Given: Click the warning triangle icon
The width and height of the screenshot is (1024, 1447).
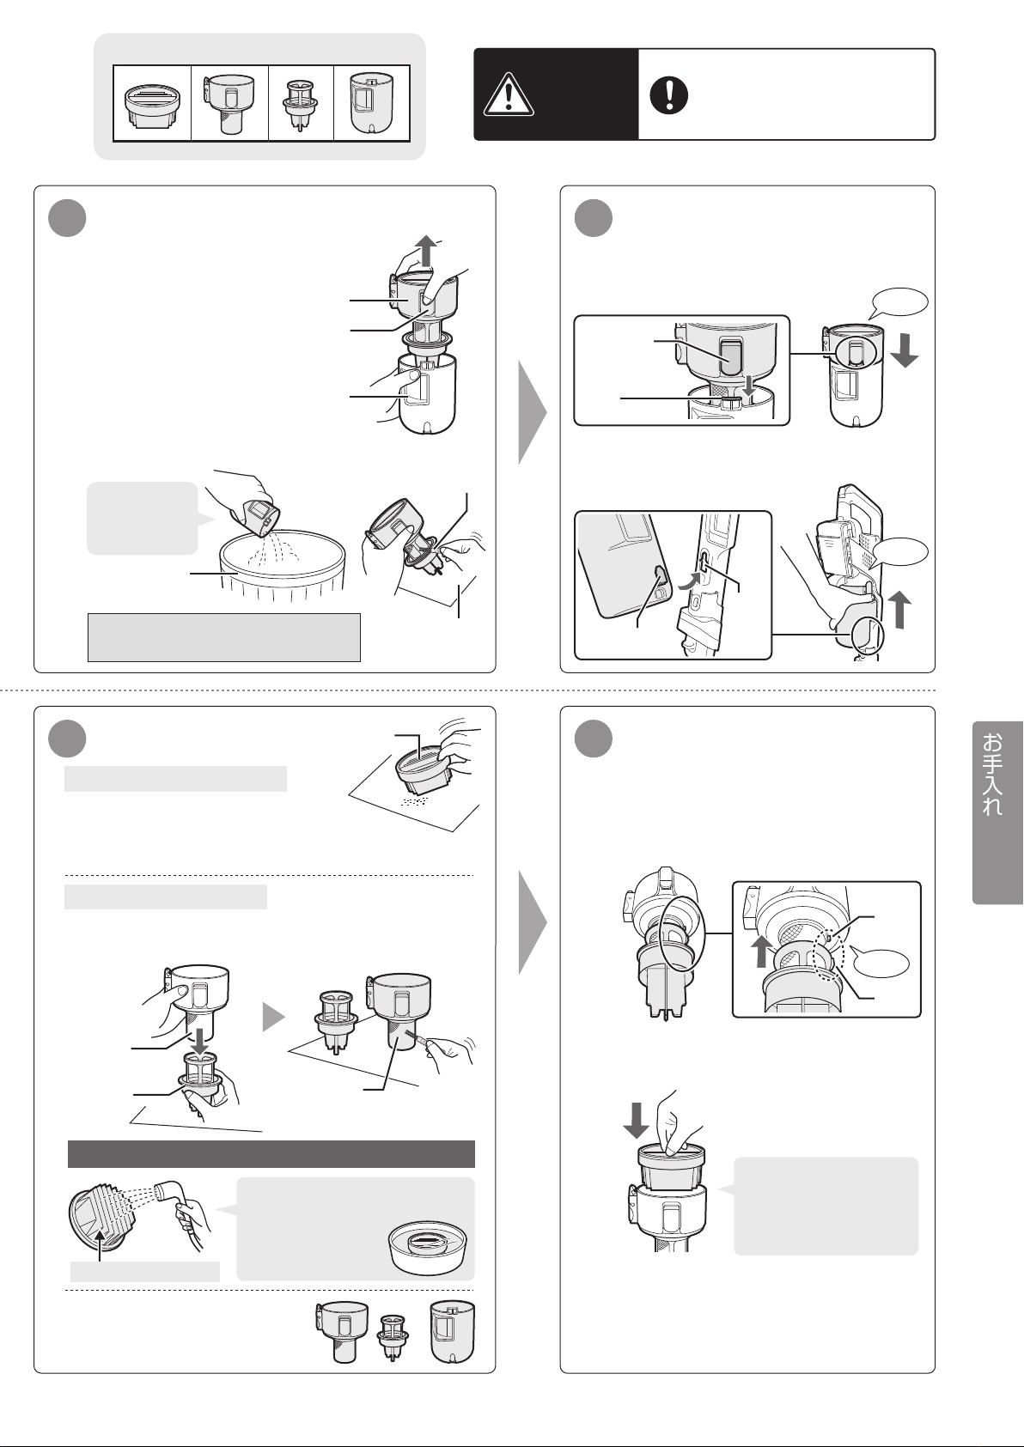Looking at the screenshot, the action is (509, 94).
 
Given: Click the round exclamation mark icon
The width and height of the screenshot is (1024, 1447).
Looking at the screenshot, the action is (668, 95).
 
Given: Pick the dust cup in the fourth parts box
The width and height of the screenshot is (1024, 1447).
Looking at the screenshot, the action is (371, 103).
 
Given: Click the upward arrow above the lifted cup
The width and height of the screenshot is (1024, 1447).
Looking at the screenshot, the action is (426, 251).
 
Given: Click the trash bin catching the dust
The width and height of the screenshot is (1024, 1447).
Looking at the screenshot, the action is (282, 564).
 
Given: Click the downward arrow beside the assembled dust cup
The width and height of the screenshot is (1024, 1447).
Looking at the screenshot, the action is (905, 351).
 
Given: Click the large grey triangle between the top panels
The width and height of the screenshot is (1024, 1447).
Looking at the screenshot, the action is (533, 412).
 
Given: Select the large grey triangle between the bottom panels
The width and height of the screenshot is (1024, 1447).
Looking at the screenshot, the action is (533, 922).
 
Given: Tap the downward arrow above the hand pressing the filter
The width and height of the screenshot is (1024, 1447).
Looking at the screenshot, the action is (637, 1121).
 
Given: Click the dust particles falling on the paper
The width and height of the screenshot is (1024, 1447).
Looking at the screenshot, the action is (413, 802).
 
